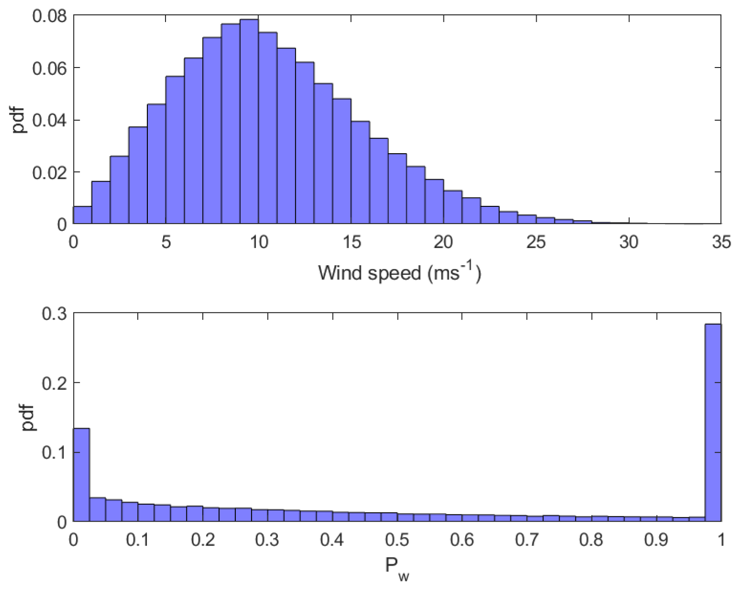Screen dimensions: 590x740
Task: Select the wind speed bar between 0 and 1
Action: point(82,215)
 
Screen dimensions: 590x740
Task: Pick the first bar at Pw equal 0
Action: point(81,474)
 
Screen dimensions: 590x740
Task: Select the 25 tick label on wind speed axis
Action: point(536,242)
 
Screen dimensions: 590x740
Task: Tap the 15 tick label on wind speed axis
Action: point(351,242)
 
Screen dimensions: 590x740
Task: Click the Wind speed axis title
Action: point(399,273)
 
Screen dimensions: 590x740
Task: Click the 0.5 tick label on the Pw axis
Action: point(397,540)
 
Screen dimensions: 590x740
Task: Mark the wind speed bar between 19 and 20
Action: point(434,202)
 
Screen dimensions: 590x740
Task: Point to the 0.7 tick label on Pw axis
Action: point(527,540)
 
